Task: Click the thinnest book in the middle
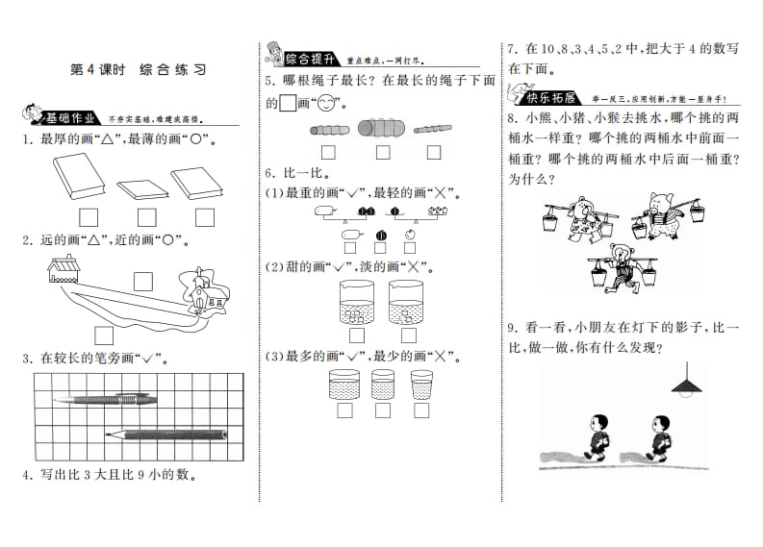143,187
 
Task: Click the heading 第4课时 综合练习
139,69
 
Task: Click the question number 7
512,49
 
